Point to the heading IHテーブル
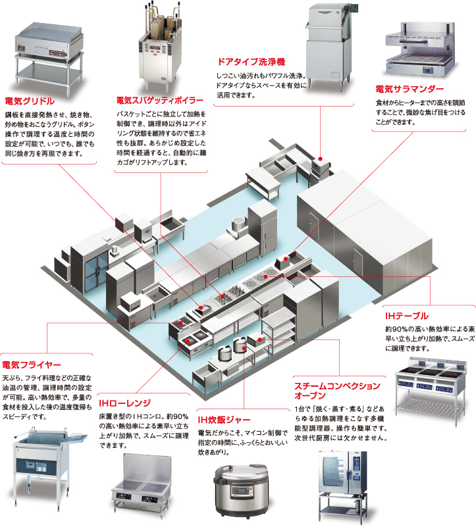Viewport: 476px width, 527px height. point(407,316)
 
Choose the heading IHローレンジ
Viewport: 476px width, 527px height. point(125,403)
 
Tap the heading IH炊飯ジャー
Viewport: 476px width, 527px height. point(225,419)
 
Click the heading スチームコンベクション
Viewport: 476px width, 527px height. point(336,386)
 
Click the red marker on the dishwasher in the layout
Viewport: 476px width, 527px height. point(319,159)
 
